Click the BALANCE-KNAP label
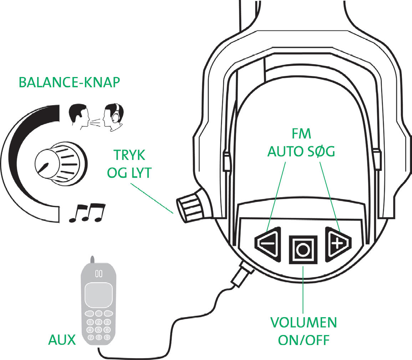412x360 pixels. tap(69, 82)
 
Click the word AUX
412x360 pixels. tap(62, 340)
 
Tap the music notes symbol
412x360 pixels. tap(87, 213)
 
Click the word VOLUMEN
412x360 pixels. tap(303, 323)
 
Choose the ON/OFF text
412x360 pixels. tap(303, 340)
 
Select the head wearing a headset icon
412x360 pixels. tap(112, 118)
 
